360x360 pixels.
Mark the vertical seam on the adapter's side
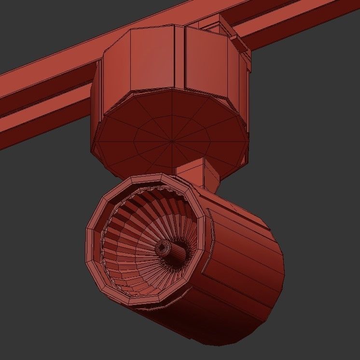click(183, 58)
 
